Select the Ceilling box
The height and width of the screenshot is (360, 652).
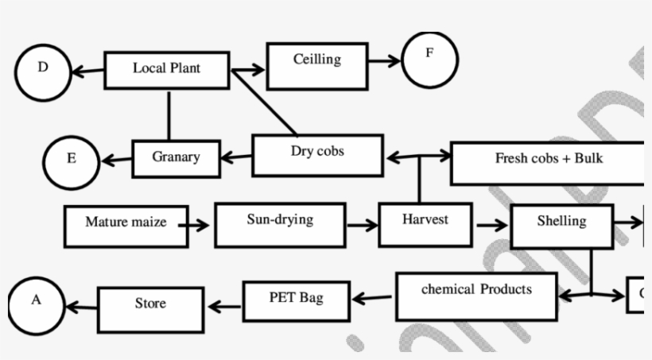point(317,65)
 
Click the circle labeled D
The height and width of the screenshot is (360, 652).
point(42,72)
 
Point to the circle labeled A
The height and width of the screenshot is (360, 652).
point(37,304)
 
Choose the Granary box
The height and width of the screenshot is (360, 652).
point(176,157)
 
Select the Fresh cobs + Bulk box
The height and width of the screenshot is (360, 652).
point(548,163)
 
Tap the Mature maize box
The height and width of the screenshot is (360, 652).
point(126,226)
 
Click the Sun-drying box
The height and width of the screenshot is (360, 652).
point(280,224)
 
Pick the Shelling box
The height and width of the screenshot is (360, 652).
point(561,226)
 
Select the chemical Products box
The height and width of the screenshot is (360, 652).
point(476,295)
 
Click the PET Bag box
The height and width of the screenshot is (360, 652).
point(296,300)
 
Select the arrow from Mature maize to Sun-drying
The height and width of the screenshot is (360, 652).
point(200,226)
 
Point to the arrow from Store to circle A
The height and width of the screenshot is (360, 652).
point(81,306)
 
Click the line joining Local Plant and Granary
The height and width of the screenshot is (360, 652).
point(169,115)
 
